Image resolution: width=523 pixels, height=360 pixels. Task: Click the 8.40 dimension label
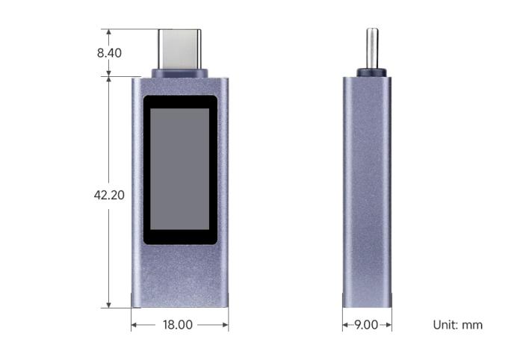coord(109,53)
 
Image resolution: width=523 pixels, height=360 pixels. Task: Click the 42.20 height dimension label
coord(109,194)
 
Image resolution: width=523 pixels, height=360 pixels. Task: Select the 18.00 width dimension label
coord(178,325)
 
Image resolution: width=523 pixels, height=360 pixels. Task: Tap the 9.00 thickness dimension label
coord(367,325)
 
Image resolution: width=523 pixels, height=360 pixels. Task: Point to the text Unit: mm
coord(458,325)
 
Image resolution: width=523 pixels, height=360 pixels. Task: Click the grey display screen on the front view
coord(179,168)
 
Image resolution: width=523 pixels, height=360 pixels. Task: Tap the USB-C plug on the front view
coord(179,49)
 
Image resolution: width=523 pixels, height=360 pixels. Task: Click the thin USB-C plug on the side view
coord(371,49)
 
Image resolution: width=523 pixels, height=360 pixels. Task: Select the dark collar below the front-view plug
coord(179,74)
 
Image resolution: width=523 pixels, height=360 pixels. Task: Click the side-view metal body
coord(367,187)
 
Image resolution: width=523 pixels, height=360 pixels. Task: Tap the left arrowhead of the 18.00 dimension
coord(134,325)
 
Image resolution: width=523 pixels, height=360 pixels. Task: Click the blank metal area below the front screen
coord(179,276)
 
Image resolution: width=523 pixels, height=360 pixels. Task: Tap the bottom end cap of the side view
coord(367,300)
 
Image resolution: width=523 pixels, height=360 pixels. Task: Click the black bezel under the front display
coord(179,238)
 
